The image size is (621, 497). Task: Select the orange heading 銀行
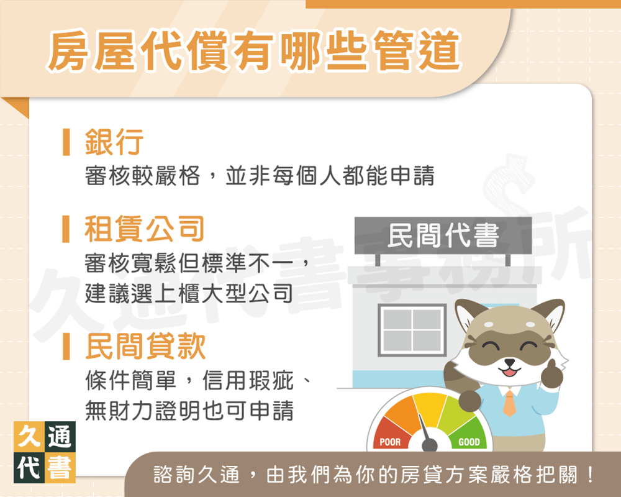tap(114, 142)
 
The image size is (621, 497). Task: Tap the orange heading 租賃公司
tap(144, 228)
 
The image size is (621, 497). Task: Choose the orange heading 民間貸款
tap(145, 347)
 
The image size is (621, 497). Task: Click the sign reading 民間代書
tap(443, 235)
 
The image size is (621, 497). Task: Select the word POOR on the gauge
tap(390, 442)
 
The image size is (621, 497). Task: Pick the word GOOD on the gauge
tap(469, 442)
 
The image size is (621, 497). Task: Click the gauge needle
tap(427, 432)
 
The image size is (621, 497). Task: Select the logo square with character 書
tap(60, 467)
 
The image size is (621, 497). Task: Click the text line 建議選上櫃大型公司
tap(189, 292)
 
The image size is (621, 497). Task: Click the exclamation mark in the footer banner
tap(589, 476)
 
